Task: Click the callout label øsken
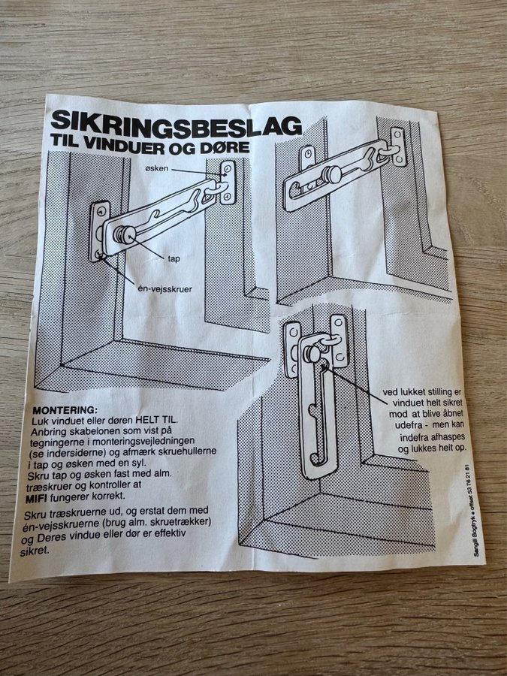click(x=157, y=168)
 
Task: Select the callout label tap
click(x=174, y=258)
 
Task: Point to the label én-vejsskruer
click(x=164, y=289)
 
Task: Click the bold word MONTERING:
click(x=65, y=410)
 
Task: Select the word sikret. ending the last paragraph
click(x=35, y=551)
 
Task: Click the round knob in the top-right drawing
click(x=333, y=174)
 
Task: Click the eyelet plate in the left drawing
click(x=228, y=182)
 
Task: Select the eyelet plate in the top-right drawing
click(x=398, y=146)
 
